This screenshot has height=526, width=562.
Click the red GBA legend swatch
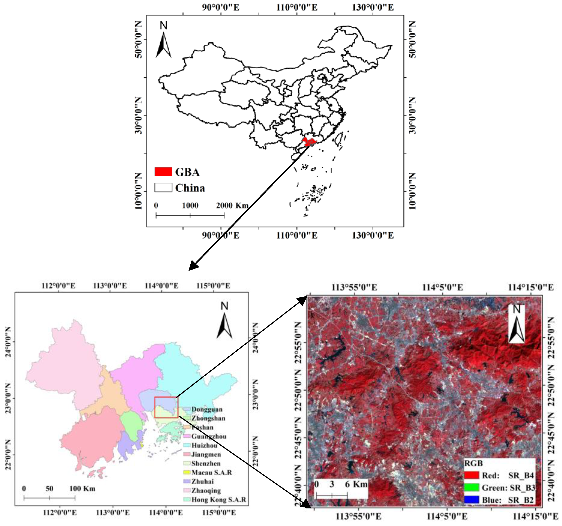163,172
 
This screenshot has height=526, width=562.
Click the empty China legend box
163,188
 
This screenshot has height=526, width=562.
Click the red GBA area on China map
310,142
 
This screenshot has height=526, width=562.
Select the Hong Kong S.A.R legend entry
218,500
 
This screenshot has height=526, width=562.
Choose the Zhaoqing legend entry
206,491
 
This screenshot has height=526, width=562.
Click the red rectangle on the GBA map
166,407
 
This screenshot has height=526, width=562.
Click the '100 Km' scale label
82,488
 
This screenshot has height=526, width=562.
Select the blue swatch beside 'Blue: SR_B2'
472,499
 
